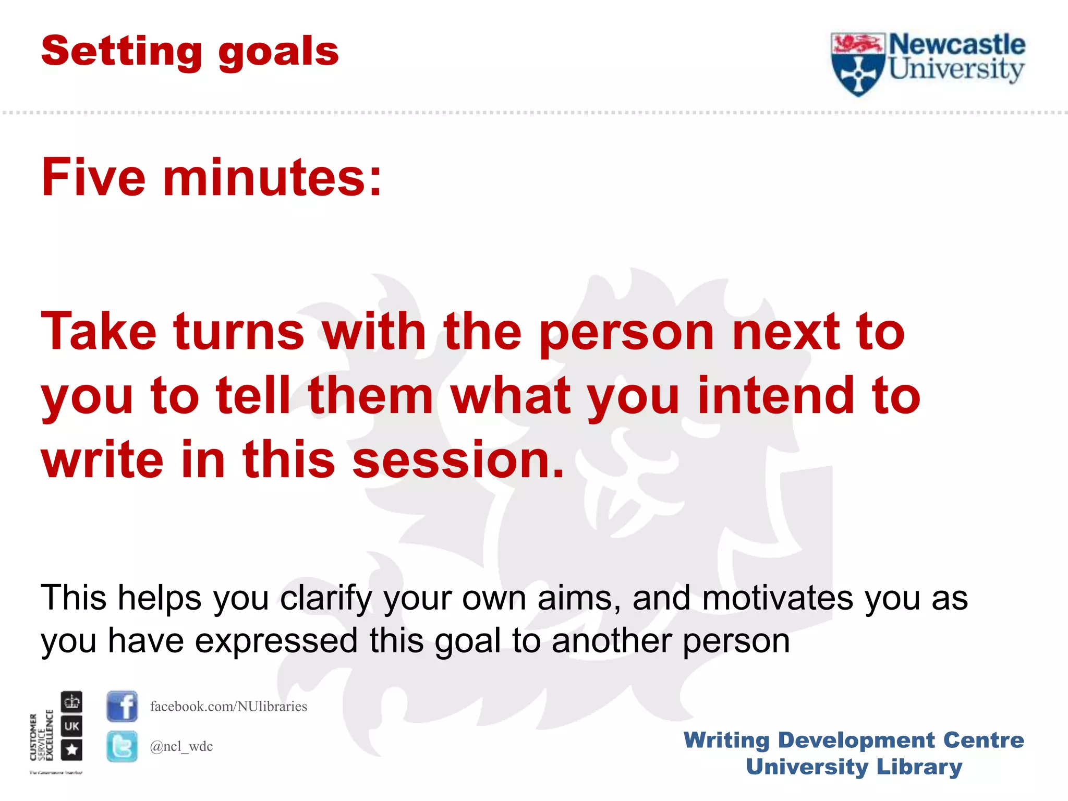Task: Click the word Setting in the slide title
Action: [121, 52]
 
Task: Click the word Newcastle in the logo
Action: [956, 45]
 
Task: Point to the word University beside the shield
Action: [956, 70]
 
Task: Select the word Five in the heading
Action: [93, 178]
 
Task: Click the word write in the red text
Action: [102, 460]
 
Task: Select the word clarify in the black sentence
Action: [325, 598]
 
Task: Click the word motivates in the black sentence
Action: [777, 598]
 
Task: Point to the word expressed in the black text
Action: [276, 641]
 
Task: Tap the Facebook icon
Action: [122, 706]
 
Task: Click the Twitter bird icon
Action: [122, 746]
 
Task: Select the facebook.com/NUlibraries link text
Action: [228, 706]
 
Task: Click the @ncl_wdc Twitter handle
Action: [181, 747]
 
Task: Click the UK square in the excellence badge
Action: [72, 726]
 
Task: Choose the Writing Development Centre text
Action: [854, 740]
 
